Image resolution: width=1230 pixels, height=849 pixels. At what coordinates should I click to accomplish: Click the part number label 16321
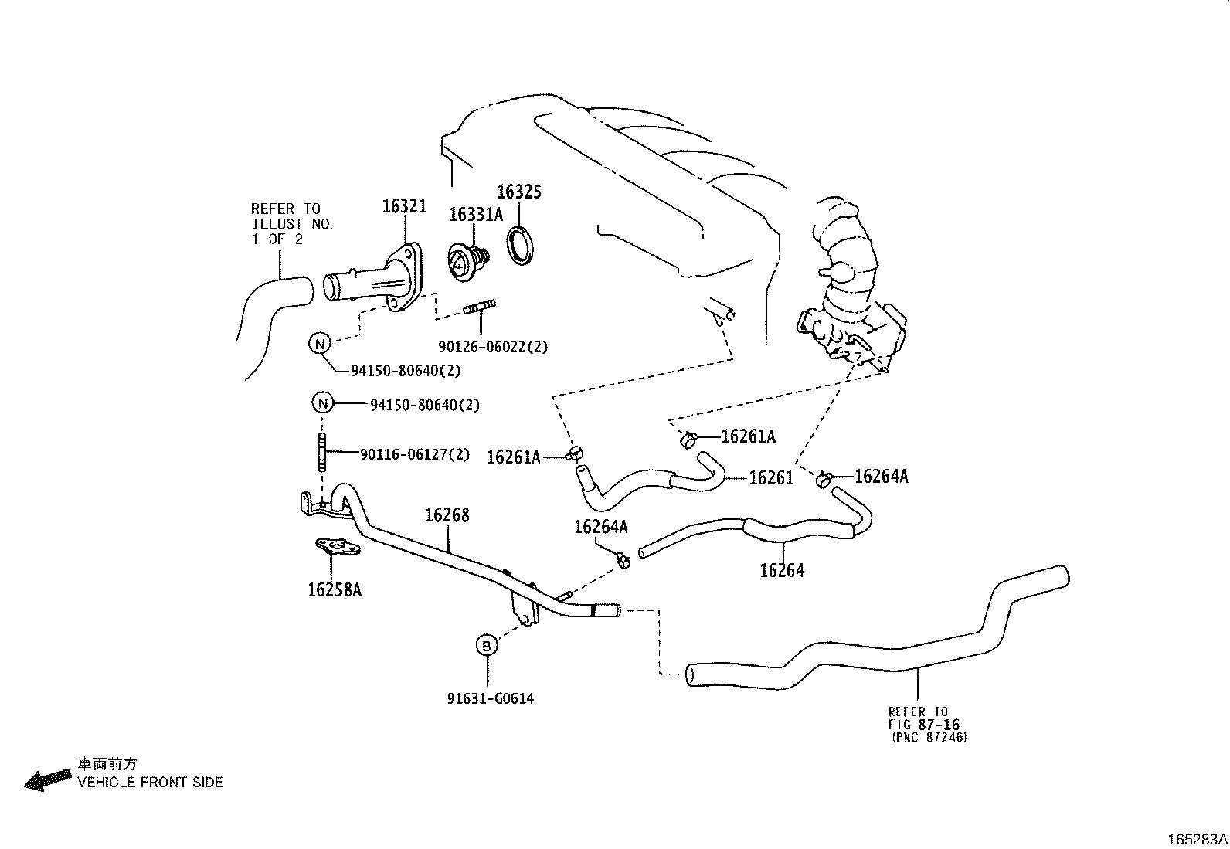click(x=404, y=205)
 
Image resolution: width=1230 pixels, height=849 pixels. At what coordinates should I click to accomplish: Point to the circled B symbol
click(x=486, y=645)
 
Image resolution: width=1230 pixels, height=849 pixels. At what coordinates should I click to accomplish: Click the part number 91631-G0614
click(x=490, y=699)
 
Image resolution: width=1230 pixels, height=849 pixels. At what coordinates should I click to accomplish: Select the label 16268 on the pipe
click(x=447, y=515)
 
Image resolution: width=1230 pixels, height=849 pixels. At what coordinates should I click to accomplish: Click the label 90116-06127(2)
click(x=414, y=455)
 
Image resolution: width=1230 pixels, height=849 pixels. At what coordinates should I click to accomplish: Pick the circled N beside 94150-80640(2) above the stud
click(x=323, y=402)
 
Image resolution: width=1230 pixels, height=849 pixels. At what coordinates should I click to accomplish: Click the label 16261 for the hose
click(x=771, y=478)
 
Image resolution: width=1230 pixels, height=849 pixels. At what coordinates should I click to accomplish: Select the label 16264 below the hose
click(x=782, y=571)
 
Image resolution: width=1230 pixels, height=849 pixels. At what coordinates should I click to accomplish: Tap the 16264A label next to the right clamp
click(x=882, y=477)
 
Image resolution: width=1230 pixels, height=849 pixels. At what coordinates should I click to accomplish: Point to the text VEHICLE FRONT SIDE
click(x=150, y=783)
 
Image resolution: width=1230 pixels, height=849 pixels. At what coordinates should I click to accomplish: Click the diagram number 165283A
click(x=1197, y=839)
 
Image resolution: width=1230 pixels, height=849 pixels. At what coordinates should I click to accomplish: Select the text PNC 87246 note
click(x=929, y=738)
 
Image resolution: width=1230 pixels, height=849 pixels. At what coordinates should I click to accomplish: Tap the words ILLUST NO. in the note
click(x=292, y=224)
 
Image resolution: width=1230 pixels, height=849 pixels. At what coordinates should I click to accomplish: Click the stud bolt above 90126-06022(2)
click(x=480, y=310)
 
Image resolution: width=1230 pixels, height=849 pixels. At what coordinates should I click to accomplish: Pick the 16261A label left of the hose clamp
click(x=513, y=457)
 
